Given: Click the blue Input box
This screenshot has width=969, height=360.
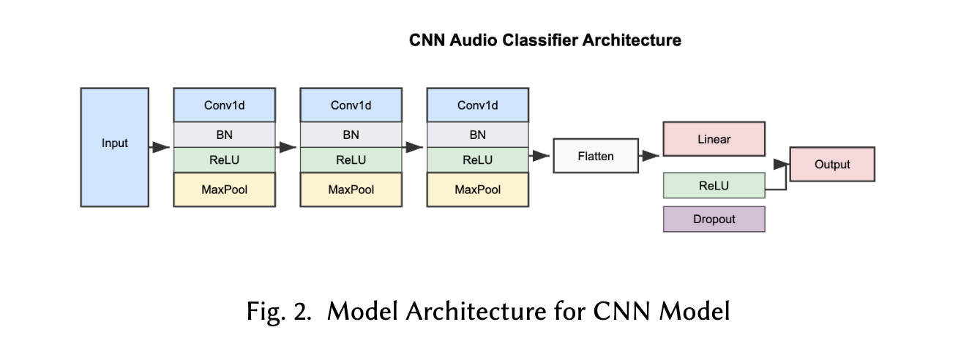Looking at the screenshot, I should click(x=114, y=147).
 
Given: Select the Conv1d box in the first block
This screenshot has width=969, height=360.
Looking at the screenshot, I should click(x=224, y=105).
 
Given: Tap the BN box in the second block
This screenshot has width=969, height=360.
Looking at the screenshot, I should click(x=351, y=135).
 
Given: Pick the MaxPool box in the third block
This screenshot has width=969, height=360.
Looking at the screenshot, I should click(x=477, y=190).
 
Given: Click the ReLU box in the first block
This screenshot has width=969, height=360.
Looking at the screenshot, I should click(x=224, y=160).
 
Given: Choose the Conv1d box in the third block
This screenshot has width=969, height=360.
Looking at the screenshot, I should click(x=477, y=105).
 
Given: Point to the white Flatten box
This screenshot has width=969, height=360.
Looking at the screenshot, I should click(x=595, y=156).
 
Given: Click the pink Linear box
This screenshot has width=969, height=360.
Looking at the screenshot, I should click(x=714, y=139).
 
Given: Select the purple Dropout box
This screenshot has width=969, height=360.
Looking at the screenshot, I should click(x=714, y=219).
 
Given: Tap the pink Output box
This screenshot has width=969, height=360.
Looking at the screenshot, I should click(x=832, y=164).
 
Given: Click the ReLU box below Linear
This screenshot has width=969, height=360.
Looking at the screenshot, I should click(x=714, y=185).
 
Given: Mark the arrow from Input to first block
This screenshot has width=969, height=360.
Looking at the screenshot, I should click(x=160, y=148).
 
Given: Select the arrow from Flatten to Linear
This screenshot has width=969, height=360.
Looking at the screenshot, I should click(x=651, y=156).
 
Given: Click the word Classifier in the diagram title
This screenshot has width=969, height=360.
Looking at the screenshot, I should click(x=541, y=40).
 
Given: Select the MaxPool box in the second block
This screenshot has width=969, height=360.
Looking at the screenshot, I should click(x=351, y=190).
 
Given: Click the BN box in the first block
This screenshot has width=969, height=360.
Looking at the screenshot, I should click(x=224, y=135).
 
